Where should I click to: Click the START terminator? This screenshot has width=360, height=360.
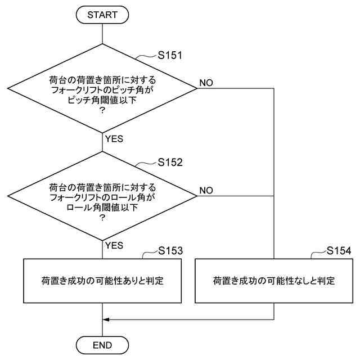[102, 15]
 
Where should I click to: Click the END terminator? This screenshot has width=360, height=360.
[102, 344]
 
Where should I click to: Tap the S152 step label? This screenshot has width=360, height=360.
[170, 162]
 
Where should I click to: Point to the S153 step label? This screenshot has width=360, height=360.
[170, 250]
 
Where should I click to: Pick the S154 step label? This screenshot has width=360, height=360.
[339, 250]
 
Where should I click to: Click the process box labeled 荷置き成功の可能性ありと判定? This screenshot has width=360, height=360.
[102, 280]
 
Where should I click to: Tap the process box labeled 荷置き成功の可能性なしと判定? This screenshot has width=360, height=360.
[274, 280]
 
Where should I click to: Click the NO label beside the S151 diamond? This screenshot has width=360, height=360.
[206, 83]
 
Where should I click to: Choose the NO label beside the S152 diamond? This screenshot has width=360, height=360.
[206, 190]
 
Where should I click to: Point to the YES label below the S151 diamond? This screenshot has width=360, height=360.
[114, 138]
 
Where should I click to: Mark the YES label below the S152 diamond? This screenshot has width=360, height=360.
[114, 245]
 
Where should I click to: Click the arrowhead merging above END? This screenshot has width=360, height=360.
[106, 319]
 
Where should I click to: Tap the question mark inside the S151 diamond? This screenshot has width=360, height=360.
[102, 111]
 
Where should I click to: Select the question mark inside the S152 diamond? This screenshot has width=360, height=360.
[102, 218]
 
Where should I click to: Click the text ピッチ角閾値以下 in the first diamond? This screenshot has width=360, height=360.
[102, 100]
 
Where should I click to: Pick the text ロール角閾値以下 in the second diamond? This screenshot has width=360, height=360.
[102, 207]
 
